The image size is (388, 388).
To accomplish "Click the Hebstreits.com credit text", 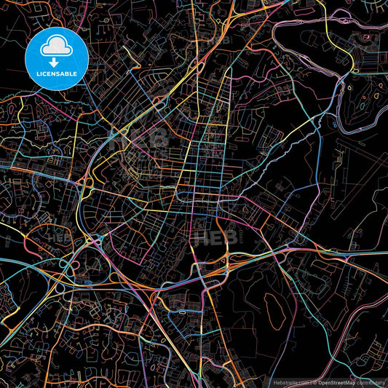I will [x=290, y=381].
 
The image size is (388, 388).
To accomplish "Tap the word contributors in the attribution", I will [x=371, y=381].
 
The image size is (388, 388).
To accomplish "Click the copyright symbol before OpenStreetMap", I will [x=314, y=381].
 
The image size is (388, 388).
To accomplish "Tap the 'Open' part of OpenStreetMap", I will [x=323, y=381].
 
